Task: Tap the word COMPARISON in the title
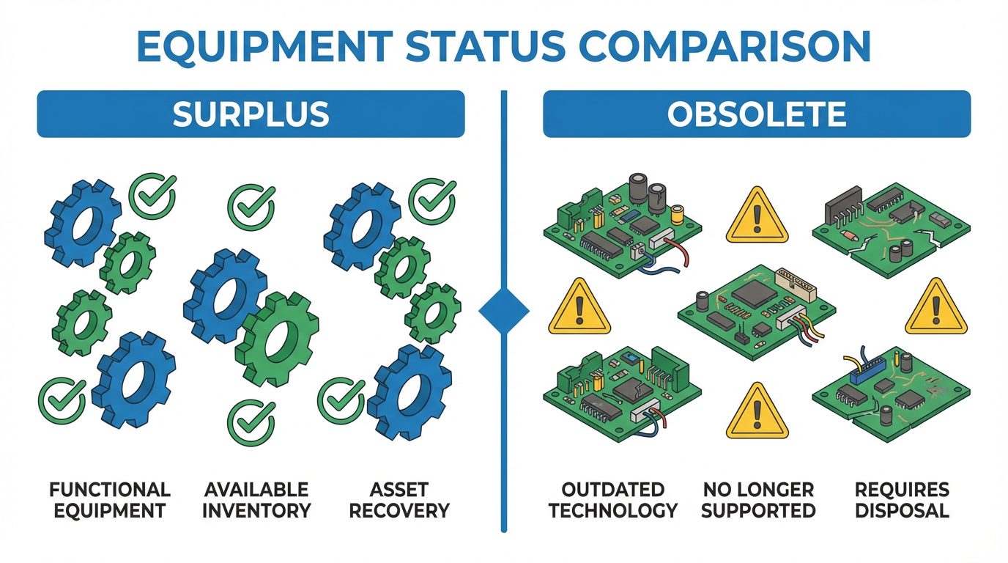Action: point(724,46)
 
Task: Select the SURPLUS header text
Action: point(251,114)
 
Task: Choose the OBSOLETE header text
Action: point(757,114)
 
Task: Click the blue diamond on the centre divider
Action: point(504,312)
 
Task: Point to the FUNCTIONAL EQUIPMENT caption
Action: point(110,500)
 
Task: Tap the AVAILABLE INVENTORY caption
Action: point(256,500)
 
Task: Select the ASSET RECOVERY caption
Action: point(399,500)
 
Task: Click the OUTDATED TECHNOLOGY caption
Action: point(613,500)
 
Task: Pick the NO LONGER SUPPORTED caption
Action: point(758,500)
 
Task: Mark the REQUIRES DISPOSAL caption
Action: point(902,500)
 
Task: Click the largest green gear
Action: point(277,339)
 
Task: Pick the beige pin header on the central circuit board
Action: point(796,284)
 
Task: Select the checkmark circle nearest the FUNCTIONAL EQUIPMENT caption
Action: point(62,401)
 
